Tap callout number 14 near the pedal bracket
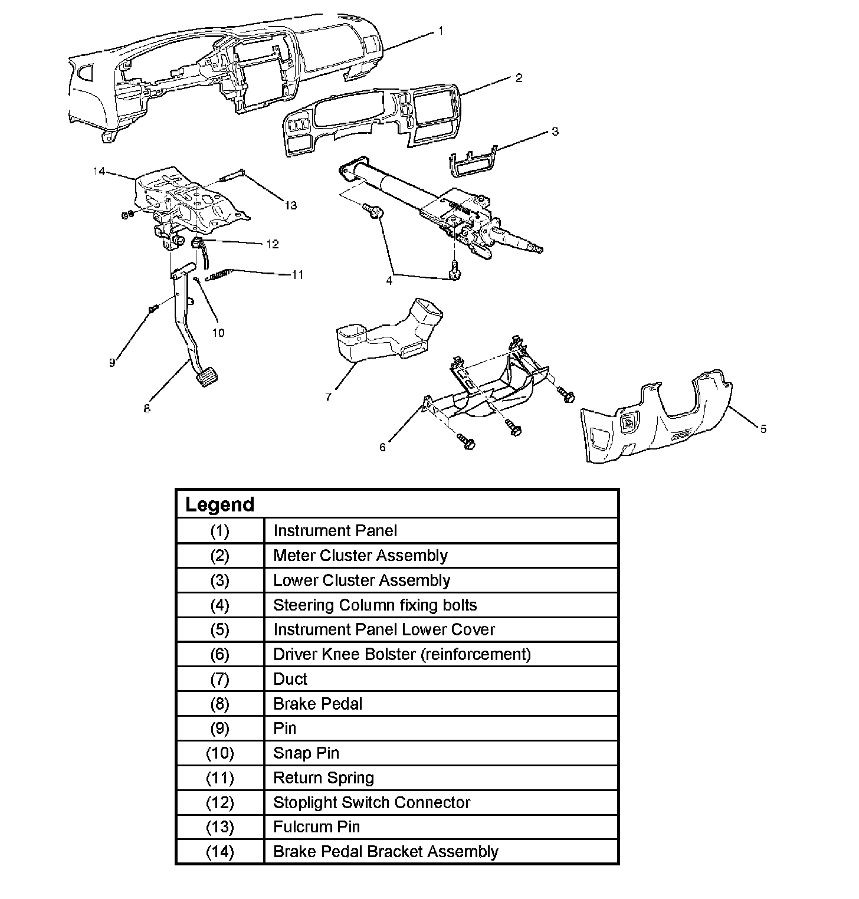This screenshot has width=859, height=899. click(x=99, y=171)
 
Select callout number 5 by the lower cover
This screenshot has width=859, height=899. click(x=763, y=429)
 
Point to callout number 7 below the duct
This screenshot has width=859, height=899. click(x=328, y=397)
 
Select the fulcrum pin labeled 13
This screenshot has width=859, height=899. click(x=233, y=175)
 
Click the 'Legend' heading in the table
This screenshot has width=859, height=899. click(x=219, y=505)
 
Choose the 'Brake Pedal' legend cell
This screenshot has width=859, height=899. click(x=318, y=704)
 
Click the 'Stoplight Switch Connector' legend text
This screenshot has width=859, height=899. click(x=372, y=802)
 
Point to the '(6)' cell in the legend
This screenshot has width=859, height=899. click(x=219, y=654)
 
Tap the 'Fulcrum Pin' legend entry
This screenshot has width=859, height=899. click(x=316, y=827)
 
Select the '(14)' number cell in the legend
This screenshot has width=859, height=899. click(x=219, y=852)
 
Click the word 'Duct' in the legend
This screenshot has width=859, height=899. click(x=290, y=679)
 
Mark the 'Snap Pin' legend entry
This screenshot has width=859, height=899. click(x=306, y=753)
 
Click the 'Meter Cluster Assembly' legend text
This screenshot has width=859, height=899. click(x=360, y=556)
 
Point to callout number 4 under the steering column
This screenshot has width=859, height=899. click(x=389, y=281)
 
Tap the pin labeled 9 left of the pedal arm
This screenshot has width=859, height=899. click(x=153, y=308)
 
